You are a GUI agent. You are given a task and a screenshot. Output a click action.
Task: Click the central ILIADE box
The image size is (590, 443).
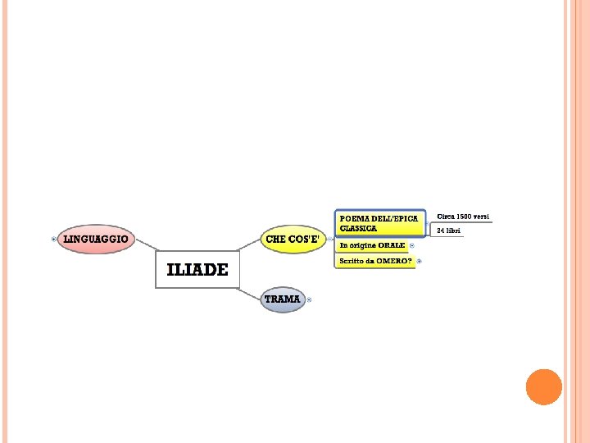[x=197, y=270]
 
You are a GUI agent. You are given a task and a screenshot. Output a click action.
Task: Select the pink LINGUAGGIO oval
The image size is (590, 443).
[x=96, y=239]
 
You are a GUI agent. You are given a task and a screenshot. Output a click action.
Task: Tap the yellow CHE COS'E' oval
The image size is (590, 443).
[x=292, y=239]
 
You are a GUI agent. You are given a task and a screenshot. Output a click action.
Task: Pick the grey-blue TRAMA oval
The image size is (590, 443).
[x=282, y=299]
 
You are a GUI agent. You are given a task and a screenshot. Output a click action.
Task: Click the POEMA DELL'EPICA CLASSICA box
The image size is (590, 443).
[x=380, y=223]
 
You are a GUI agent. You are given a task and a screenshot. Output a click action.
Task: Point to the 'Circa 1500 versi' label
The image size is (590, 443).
[x=463, y=216]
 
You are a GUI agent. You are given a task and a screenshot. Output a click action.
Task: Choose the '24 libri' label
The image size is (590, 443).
[x=449, y=231]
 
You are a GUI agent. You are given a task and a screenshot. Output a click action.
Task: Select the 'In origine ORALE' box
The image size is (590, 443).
[x=373, y=245]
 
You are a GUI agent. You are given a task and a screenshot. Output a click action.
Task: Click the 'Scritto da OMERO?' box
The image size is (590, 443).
[x=376, y=261]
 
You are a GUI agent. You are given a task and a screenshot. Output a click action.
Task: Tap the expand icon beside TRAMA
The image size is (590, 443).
[x=309, y=300]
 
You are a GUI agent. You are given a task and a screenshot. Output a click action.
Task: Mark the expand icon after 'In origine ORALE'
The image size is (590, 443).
[x=411, y=245]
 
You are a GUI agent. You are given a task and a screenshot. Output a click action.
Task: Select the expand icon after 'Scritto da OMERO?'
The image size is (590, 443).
[x=419, y=261]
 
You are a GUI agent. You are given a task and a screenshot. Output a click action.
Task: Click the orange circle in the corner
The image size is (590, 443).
[x=543, y=386]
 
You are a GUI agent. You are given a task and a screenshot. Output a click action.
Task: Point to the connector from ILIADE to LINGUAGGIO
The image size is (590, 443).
[x=146, y=244]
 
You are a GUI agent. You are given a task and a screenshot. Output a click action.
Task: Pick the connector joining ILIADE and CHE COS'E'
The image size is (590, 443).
[x=248, y=244]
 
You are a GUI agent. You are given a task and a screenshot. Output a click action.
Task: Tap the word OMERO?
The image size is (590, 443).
[x=396, y=261]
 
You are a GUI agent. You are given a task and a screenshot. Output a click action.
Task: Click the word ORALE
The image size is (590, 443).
[x=392, y=245]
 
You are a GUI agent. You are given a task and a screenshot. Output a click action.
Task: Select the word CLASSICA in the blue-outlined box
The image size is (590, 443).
[x=359, y=229]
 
